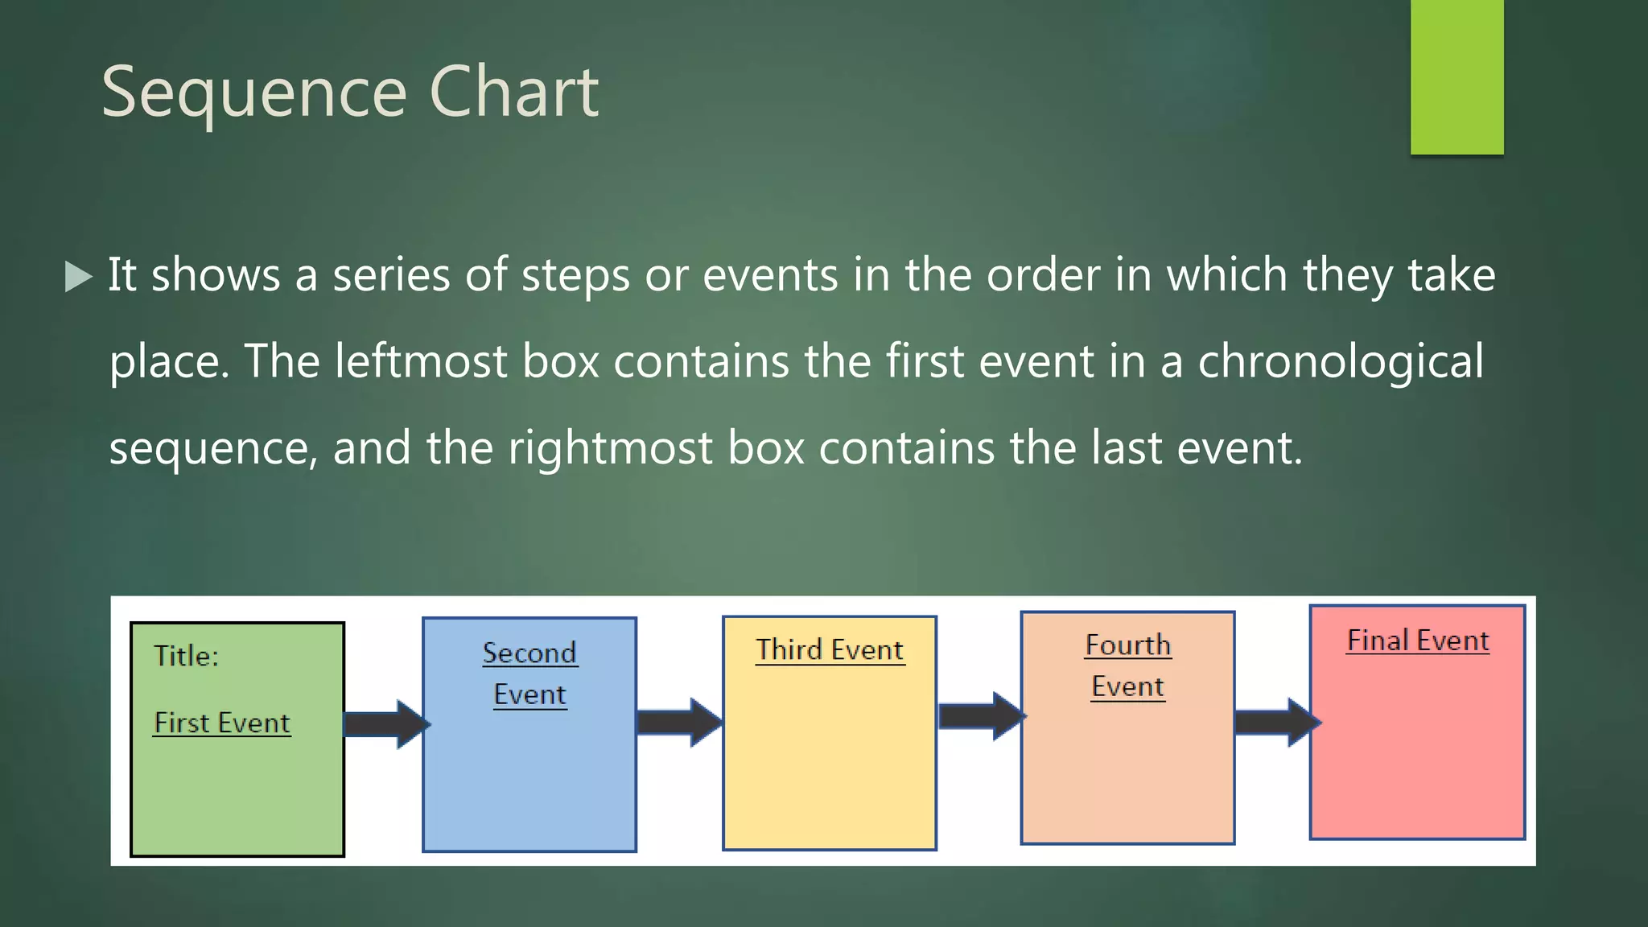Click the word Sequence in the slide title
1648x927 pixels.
[254, 93]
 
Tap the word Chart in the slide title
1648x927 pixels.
[514, 92]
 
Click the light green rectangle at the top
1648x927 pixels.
[1456, 76]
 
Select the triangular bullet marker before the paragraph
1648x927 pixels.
[78, 276]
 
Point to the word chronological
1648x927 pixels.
[1341, 361]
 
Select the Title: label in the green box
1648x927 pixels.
[186, 656]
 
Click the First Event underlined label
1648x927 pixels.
[222, 723]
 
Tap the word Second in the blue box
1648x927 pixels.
[529, 653]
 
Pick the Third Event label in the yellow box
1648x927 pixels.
[830, 649]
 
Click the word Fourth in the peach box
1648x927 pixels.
[1127, 645]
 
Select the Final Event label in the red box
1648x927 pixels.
[1418, 641]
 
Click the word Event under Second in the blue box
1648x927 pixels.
[529, 694]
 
